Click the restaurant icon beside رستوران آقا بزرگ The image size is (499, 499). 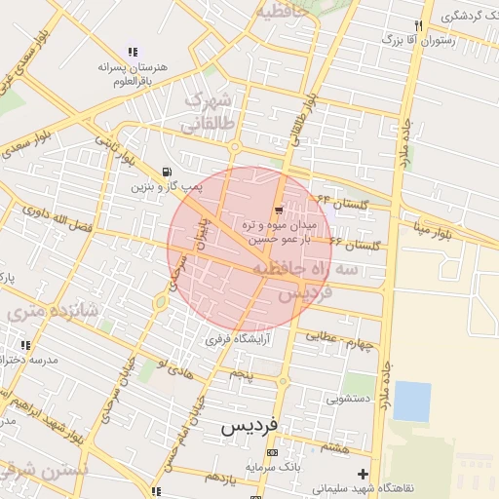tap(418, 25)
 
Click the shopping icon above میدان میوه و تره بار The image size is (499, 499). tap(280, 210)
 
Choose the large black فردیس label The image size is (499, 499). tap(249, 426)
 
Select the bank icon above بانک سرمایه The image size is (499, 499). tap(272, 453)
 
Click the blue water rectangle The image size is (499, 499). tap(411, 402)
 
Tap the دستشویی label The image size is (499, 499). tap(348, 398)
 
